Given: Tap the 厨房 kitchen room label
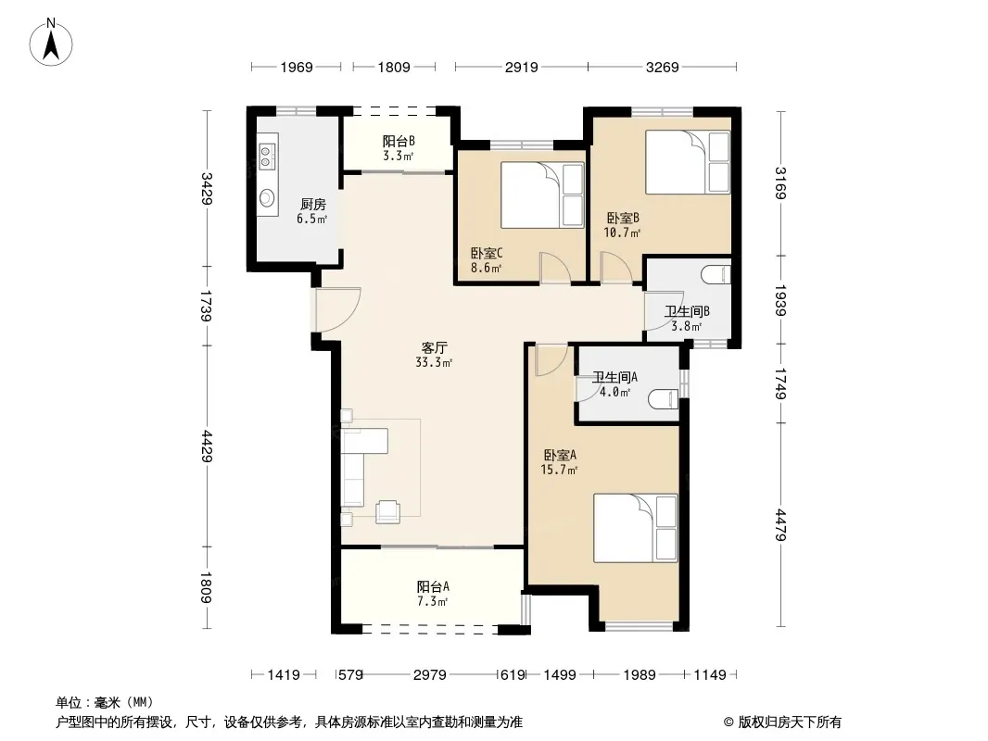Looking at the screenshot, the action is (312, 204).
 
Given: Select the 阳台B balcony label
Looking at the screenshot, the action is (399, 141).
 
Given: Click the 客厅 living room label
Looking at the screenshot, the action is (434, 347).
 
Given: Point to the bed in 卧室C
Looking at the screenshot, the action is (542, 195).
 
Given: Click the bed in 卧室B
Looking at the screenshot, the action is (688, 162).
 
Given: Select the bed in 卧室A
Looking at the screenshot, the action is (635, 528).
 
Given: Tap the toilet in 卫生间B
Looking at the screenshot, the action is (716, 274).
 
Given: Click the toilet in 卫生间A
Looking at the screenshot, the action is (664, 399).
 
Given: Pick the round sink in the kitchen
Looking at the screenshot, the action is (267, 198).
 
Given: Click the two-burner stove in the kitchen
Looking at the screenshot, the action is (267, 157).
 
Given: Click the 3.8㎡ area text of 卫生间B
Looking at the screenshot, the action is (686, 326).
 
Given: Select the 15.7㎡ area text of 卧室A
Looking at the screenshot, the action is (559, 470).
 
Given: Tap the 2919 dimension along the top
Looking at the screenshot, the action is (521, 67).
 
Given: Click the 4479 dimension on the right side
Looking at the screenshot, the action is (780, 524).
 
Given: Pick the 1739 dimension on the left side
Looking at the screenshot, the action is (206, 306).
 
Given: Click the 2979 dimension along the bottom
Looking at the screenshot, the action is (430, 675).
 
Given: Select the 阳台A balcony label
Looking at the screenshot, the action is (433, 586).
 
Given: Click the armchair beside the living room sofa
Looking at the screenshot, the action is (387, 511).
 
